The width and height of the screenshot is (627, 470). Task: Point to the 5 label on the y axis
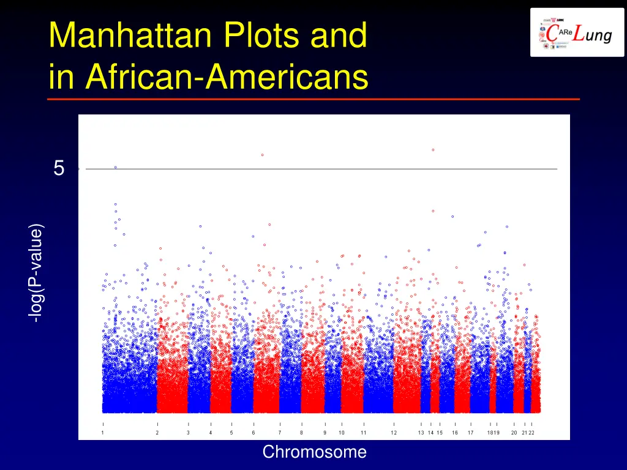pos(59,168)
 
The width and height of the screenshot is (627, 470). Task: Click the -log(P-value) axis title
pos(36,272)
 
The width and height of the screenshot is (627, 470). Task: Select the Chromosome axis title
pos(314,452)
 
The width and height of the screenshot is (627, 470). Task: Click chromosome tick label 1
pos(103,433)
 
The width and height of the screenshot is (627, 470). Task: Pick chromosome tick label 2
pos(157,433)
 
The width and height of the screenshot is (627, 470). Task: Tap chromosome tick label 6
pos(253,433)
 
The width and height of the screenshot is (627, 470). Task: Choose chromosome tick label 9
pos(325,433)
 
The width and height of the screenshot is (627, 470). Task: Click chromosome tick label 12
pos(394,433)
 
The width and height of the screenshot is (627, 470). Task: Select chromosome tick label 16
pos(455,433)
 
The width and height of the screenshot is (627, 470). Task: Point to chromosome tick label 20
pos(514,433)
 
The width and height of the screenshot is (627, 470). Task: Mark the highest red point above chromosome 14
pos(433,149)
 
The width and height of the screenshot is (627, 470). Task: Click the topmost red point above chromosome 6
pos(263,155)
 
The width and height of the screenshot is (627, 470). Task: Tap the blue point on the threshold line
pos(116,167)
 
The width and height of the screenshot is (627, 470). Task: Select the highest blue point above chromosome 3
pos(200,226)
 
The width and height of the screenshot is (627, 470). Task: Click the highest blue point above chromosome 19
pos(507,226)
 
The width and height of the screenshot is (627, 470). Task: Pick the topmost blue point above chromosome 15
pos(452,217)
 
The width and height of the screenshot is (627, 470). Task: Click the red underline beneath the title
pos(313,99)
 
